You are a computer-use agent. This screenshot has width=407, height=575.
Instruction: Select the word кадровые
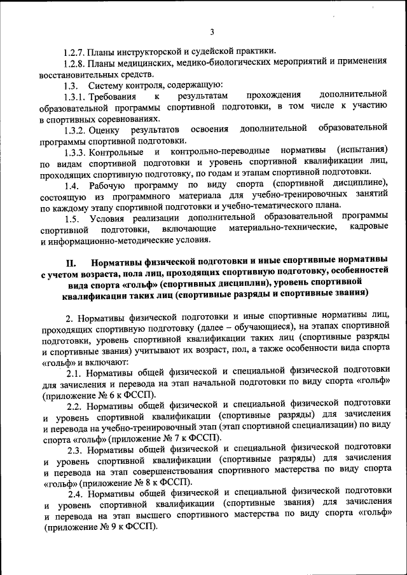click(x=368, y=229)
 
